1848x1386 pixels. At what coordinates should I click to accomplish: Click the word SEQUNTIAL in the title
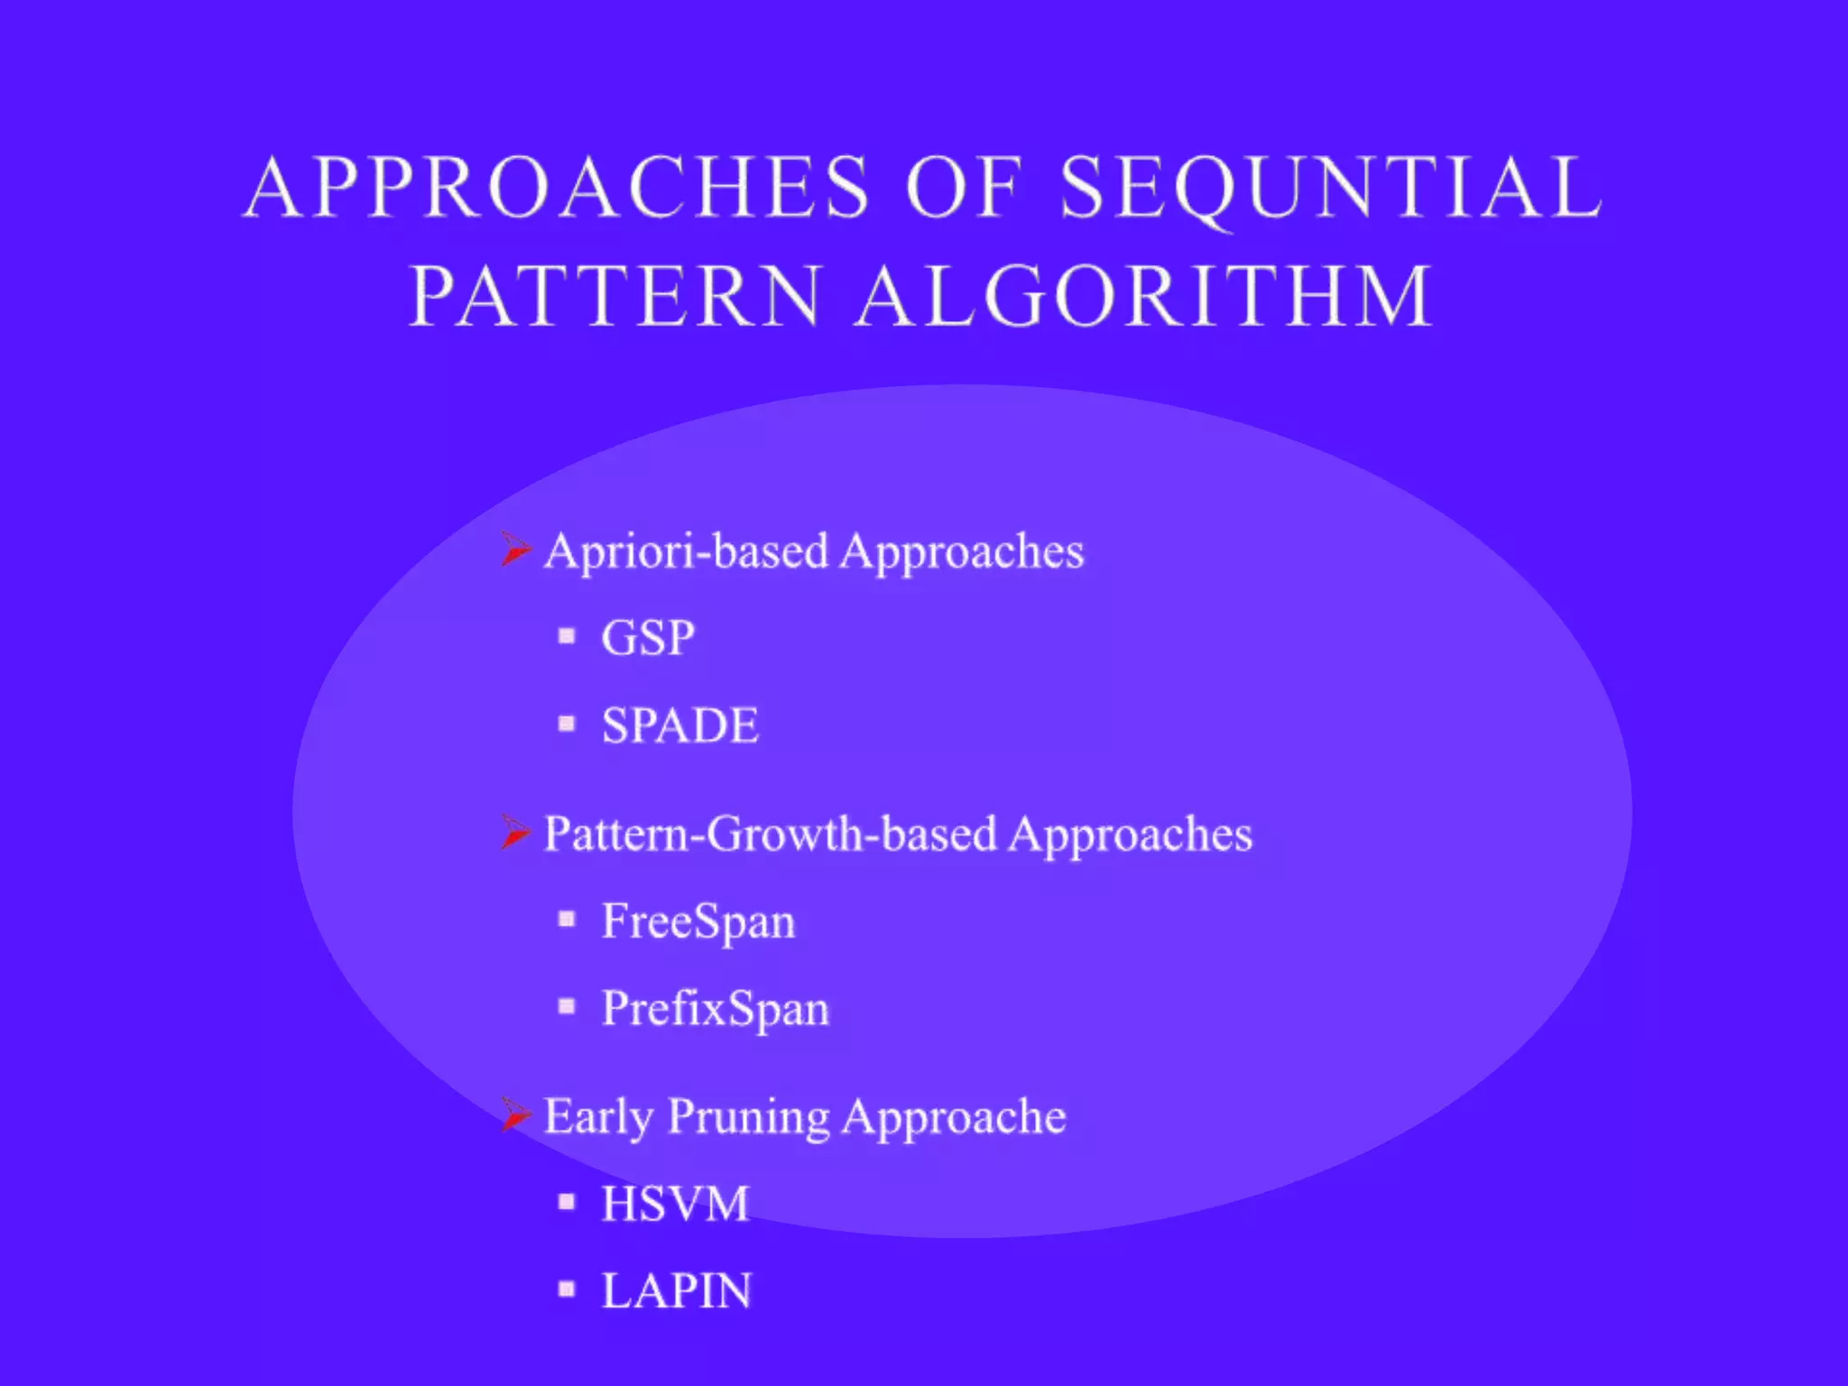tap(1331, 188)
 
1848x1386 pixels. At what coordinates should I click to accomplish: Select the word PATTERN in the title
tap(615, 297)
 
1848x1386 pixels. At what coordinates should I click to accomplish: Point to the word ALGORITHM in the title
tap(1144, 297)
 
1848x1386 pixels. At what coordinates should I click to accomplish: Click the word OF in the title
tap(965, 188)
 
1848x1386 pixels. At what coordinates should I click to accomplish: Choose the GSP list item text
tap(648, 638)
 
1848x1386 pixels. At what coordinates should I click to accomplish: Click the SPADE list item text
tap(680, 725)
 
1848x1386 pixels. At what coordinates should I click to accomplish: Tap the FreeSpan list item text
tap(698, 921)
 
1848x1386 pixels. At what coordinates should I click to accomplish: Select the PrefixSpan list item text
tap(715, 1008)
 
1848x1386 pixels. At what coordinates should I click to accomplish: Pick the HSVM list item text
tap(675, 1203)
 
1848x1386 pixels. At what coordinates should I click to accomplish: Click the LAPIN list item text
tap(676, 1290)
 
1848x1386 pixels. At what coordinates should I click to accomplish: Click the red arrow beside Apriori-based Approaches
tap(515, 549)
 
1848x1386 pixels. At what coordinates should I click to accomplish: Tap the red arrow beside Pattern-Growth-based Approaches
tap(515, 832)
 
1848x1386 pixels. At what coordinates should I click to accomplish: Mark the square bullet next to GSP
tap(567, 636)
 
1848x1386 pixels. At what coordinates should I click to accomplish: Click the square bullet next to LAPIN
tap(567, 1289)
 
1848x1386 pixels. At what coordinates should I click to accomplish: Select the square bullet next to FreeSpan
tap(567, 919)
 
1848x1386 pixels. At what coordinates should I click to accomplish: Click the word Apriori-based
tap(686, 551)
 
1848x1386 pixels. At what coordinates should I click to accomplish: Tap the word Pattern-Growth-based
tap(771, 834)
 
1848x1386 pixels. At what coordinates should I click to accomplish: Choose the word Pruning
tap(748, 1118)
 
